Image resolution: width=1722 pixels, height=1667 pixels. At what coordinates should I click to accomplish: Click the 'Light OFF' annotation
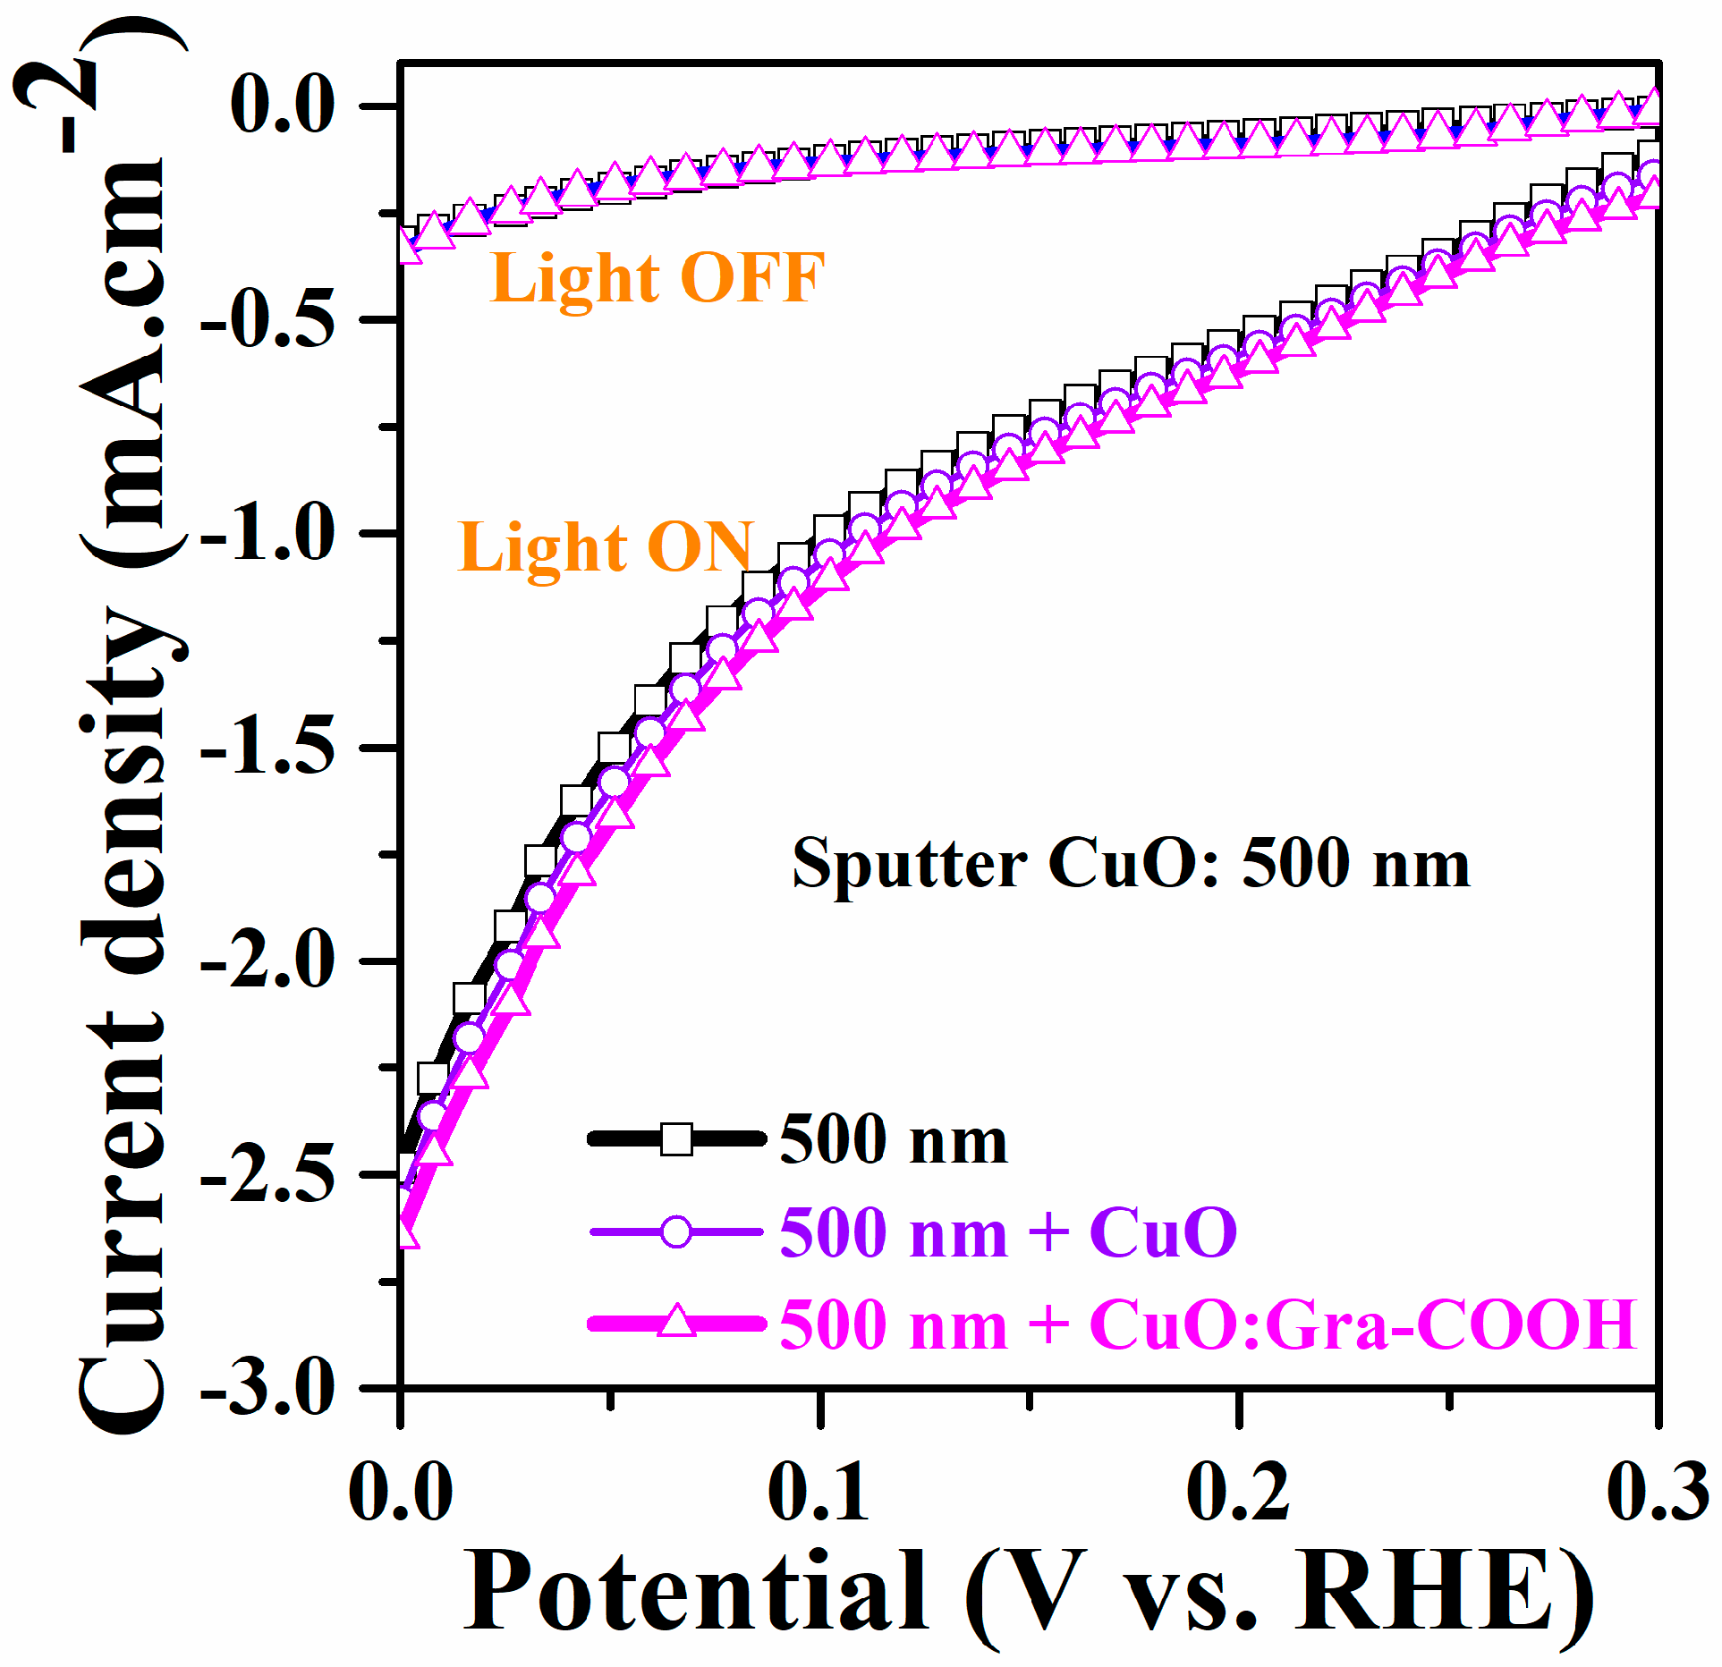pyautogui.click(x=657, y=278)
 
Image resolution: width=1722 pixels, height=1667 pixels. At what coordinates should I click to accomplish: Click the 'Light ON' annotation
pyautogui.click(x=606, y=547)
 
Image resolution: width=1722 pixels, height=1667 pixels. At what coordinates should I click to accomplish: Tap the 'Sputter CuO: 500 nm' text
pyautogui.click(x=1131, y=865)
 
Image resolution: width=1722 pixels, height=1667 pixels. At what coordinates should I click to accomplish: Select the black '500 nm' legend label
pyautogui.click(x=893, y=1140)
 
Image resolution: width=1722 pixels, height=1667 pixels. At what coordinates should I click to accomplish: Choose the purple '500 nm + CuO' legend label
pyautogui.click(x=1008, y=1233)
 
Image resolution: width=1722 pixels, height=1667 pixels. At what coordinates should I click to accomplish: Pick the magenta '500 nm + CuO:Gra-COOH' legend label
pyautogui.click(x=1208, y=1325)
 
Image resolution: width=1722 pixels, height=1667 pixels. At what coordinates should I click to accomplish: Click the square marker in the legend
pyautogui.click(x=677, y=1139)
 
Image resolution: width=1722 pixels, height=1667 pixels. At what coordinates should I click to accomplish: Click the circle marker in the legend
pyautogui.click(x=677, y=1232)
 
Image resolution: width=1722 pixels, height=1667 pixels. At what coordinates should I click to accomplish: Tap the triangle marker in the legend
pyautogui.click(x=677, y=1323)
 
